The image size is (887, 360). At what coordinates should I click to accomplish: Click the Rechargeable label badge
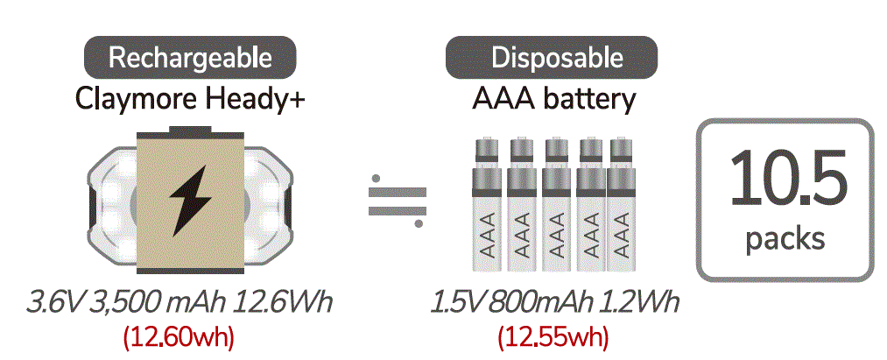(190, 59)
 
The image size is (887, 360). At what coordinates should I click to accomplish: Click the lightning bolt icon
(189, 199)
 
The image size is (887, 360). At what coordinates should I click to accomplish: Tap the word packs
(786, 238)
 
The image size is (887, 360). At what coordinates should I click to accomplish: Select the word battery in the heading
(589, 99)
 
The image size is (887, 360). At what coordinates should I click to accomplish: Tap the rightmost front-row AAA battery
(622, 224)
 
